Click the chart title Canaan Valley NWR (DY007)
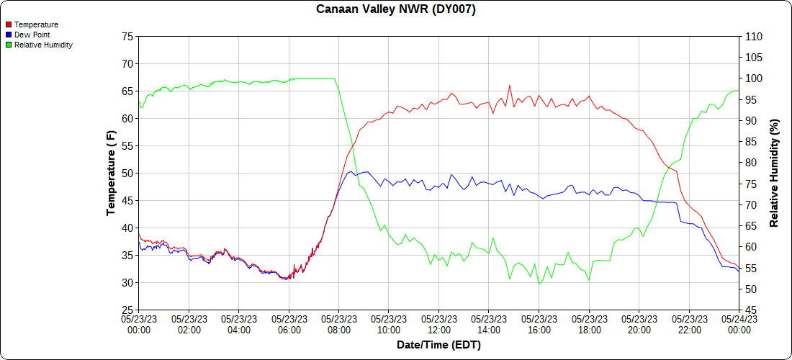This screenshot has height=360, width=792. point(396,9)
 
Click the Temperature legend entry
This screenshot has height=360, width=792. point(36,24)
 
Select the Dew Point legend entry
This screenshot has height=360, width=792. point(32,35)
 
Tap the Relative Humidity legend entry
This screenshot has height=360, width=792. point(43,45)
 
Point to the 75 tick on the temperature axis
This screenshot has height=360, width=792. point(127,37)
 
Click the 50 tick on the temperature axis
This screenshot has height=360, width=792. point(127,174)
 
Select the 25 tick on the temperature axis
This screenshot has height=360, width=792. point(127,310)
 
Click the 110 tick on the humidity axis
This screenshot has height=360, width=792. point(752,37)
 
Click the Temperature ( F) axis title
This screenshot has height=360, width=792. point(111,173)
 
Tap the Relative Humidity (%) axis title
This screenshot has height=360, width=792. point(774,173)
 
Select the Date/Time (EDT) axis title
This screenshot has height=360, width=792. point(438,345)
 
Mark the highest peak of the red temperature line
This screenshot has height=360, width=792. point(509,86)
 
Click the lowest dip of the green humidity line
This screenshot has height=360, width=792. point(539,284)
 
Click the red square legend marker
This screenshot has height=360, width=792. point(9,24)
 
